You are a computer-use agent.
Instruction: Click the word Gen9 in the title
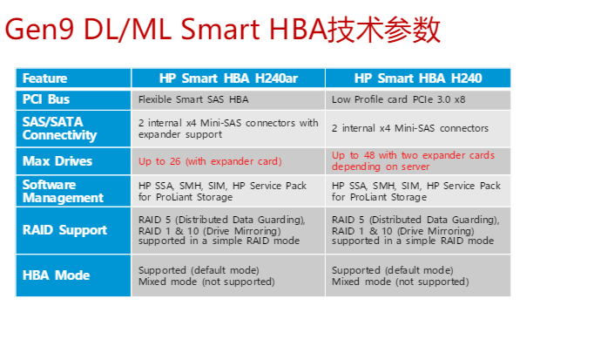pos(39,29)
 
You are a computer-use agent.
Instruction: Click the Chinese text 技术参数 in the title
pos(383,30)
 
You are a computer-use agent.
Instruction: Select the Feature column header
pos(44,78)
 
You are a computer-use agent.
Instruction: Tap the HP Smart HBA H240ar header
pos(228,78)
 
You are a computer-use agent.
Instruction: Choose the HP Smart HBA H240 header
pos(418,78)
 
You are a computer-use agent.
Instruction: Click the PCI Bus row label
pos(46,99)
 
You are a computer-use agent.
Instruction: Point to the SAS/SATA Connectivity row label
pos(59,128)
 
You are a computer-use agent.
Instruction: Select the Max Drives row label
pos(57,161)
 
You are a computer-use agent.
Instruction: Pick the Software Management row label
pos(63,191)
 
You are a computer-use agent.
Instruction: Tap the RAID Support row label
pos(64,230)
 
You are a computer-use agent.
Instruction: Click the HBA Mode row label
pos(56,275)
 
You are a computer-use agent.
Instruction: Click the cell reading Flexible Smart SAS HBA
pos(193,99)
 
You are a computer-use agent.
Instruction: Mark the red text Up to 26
pos(159,161)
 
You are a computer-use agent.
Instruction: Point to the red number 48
pos(369,155)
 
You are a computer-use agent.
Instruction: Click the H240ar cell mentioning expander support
pos(228,128)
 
